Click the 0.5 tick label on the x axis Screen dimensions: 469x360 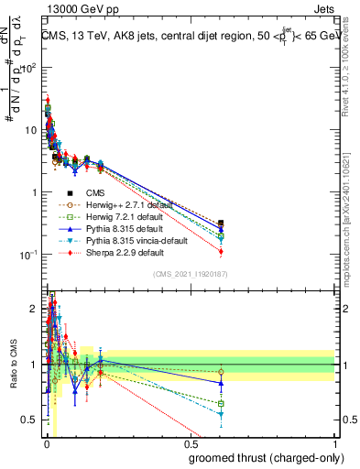click(191, 443)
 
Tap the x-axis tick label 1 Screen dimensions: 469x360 click(335, 443)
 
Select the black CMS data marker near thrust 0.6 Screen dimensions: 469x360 click(221, 223)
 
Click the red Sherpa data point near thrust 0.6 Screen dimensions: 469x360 click(221, 252)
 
